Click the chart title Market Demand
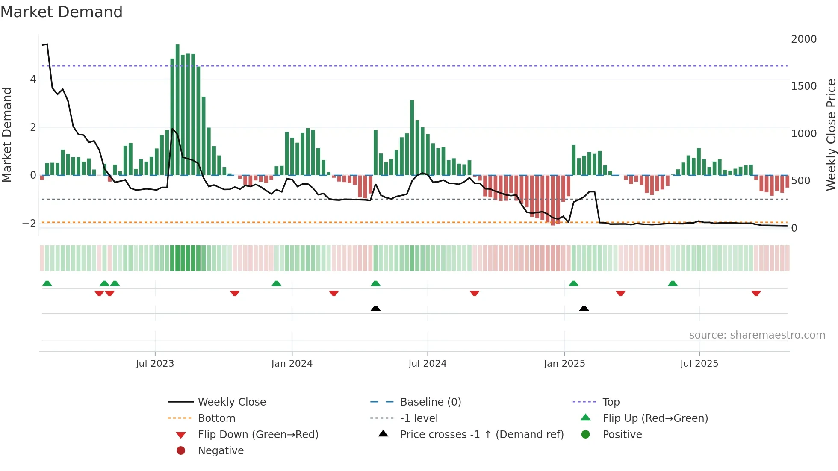pyautogui.click(x=62, y=12)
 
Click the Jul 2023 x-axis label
pyautogui.click(x=155, y=364)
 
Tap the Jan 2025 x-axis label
pyautogui.click(x=564, y=364)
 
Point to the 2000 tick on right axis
pyautogui.click(x=804, y=39)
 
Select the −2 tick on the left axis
pyautogui.click(x=30, y=224)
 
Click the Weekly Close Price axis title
pyautogui.click(x=831, y=135)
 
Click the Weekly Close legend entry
pyautogui.click(x=231, y=402)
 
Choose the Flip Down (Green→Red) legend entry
pyautogui.click(x=258, y=435)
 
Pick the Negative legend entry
pyautogui.click(x=221, y=451)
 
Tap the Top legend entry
pyautogui.click(x=611, y=402)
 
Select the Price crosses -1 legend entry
pyautogui.click(x=481, y=435)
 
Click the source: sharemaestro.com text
pyautogui.click(x=757, y=335)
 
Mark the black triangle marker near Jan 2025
pyautogui.click(x=584, y=308)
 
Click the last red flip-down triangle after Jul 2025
pyautogui.click(x=756, y=294)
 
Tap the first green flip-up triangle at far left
pyautogui.click(x=47, y=283)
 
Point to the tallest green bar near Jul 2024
pyautogui.click(x=412, y=137)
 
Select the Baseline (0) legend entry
pyautogui.click(x=430, y=402)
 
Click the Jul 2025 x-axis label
pyautogui.click(x=699, y=364)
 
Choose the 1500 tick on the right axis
pyautogui.click(x=804, y=86)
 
